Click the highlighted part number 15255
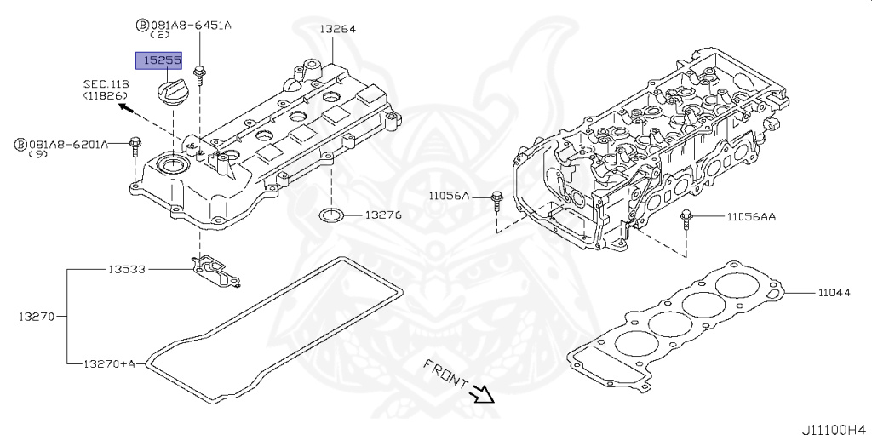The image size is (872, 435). click(x=159, y=60)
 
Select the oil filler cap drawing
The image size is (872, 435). click(x=173, y=90)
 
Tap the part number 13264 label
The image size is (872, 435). click(x=337, y=29)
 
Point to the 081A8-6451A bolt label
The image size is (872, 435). click(x=184, y=25)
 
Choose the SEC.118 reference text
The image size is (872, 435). click(x=106, y=84)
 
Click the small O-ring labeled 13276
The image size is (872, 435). click(x=331, y=215)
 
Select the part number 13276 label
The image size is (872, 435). click(x=382, y=215)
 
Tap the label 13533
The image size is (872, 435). click(x=126, y=269)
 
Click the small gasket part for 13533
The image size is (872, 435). click(x=215, y=272)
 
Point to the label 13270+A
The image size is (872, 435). click(x=109, y=363)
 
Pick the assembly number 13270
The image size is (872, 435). click(x=36, y=317)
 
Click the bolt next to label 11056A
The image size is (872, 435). click(x=497, y=202)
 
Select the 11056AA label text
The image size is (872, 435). click(x=751, y=217)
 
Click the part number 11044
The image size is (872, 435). click(x=833, y=292)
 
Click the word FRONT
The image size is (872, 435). click(x=445, y=373)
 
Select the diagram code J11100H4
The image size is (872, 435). click(x=835, y=429)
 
